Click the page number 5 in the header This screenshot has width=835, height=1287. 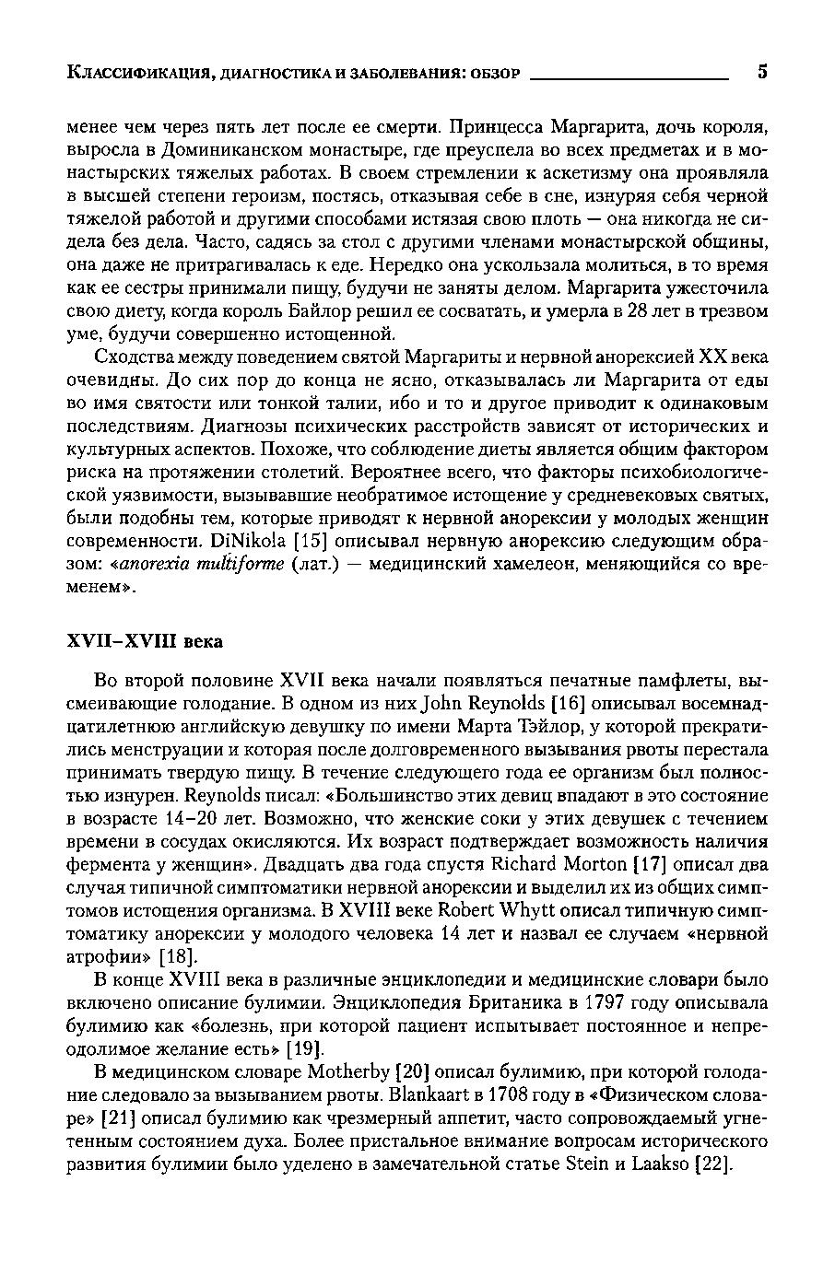coord(762,73)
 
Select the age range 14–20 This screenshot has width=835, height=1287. coord(187,819)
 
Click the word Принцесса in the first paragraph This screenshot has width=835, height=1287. coord(487,126)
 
